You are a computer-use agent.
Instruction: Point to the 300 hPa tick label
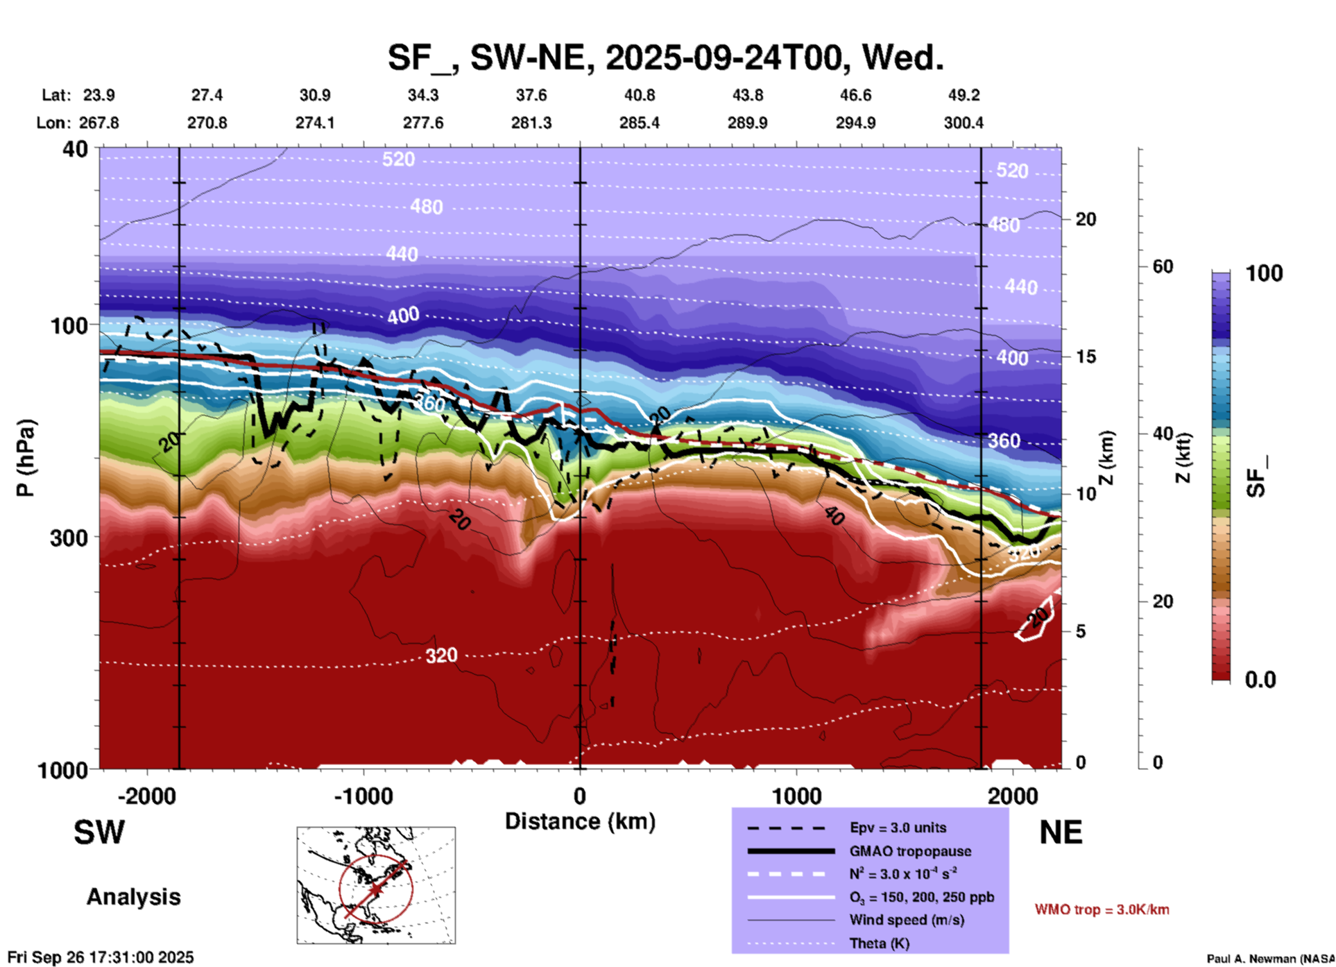click(x=69, y=538)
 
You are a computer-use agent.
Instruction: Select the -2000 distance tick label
click(x=147, y=796)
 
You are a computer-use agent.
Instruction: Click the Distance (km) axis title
click(x=580, y=821)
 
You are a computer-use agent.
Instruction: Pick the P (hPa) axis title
click(x=26, y=458)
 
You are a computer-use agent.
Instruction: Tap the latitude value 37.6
click(x=531, y=95)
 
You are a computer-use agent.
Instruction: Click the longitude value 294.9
click(x=855, y=123)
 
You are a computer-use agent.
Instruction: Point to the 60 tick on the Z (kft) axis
click(x=1163, y=266)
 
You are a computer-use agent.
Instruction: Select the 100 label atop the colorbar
click(x=1264, y=273)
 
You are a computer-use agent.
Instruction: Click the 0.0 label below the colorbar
click(x=1260, y=680)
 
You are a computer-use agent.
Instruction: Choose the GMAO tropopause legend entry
click(x=910, y=851)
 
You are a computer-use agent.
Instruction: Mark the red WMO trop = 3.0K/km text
click(x=1102, y=909)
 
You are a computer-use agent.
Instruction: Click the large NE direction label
click(x=1061, y=832)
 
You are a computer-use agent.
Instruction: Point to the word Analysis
click(x=133, y=897)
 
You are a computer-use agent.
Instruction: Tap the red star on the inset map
click(x=375, y=889)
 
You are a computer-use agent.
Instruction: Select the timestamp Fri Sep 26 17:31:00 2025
click(x=101, y=957)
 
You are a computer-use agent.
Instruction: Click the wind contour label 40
click(x=834, y=515)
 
